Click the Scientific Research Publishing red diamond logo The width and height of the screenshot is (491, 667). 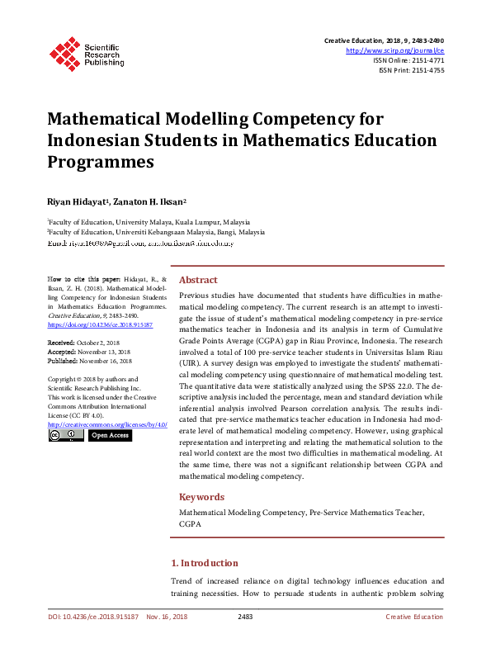click(x=64, y=52)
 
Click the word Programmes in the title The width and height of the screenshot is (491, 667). click(x=101, y=161)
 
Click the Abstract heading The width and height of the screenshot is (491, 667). click(x=198, y=280)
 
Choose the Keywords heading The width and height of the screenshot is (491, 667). click(x=201, y=497)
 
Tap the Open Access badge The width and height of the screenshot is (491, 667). click(x=110, y=435)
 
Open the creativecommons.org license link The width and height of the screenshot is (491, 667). click(x=107, y=424)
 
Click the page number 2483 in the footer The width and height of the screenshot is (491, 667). click(x=245, y=617)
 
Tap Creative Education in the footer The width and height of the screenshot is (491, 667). click(x=414, y=617)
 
